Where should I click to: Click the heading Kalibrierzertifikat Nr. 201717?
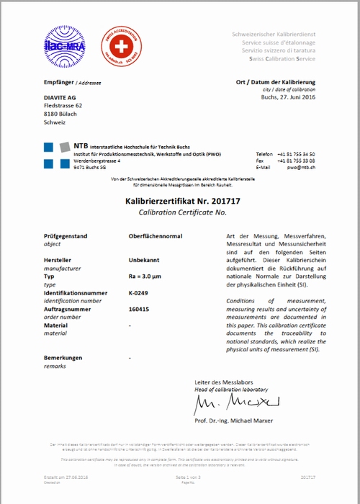click(181, 204)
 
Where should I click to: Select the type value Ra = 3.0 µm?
click(148, 276)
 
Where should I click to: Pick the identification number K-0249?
click(138, 292)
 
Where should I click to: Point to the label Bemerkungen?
click(63, 357)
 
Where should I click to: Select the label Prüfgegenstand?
click(66, 236)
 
